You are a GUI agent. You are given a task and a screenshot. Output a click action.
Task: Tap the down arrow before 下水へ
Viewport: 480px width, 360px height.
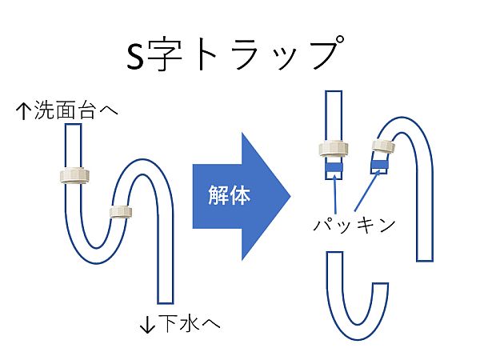(x=146, y=324)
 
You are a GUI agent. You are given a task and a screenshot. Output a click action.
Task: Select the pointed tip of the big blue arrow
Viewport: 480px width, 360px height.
(x=290, y=193)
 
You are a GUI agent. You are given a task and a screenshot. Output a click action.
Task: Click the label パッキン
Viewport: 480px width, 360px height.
(x=354, y=225)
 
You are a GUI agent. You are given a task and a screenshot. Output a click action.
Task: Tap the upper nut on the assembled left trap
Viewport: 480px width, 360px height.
(x=74, y=176)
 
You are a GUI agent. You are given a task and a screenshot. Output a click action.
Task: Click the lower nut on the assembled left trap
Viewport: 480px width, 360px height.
(x=119, y=211)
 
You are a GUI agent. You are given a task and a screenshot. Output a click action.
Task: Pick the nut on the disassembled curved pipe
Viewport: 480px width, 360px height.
(x=384, y=146)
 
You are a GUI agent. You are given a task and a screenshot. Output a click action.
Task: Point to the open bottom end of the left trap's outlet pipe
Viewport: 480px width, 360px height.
(x=165, y=302)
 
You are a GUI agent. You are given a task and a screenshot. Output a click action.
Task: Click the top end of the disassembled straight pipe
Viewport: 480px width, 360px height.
(x=333, y=94)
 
